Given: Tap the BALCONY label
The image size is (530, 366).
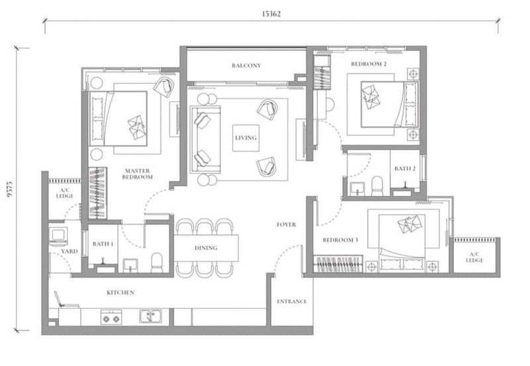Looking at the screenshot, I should click(246, 66).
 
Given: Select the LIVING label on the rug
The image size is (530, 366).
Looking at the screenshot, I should click(245, 138).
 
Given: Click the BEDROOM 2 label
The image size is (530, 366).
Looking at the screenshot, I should click(369, 64).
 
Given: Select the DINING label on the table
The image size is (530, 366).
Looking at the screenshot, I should click(207, 248).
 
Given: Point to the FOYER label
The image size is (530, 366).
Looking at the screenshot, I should click(286, 225).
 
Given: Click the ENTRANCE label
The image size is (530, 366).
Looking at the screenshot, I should click(291, 302).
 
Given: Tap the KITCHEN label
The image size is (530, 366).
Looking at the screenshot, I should click(121, 292).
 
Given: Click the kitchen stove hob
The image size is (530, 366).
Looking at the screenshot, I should click(111, 318).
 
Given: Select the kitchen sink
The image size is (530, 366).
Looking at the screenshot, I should click(149, 316).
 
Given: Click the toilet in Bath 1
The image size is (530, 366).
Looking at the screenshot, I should click(157, 263).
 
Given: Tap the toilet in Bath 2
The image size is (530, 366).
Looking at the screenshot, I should click(377, 185).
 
